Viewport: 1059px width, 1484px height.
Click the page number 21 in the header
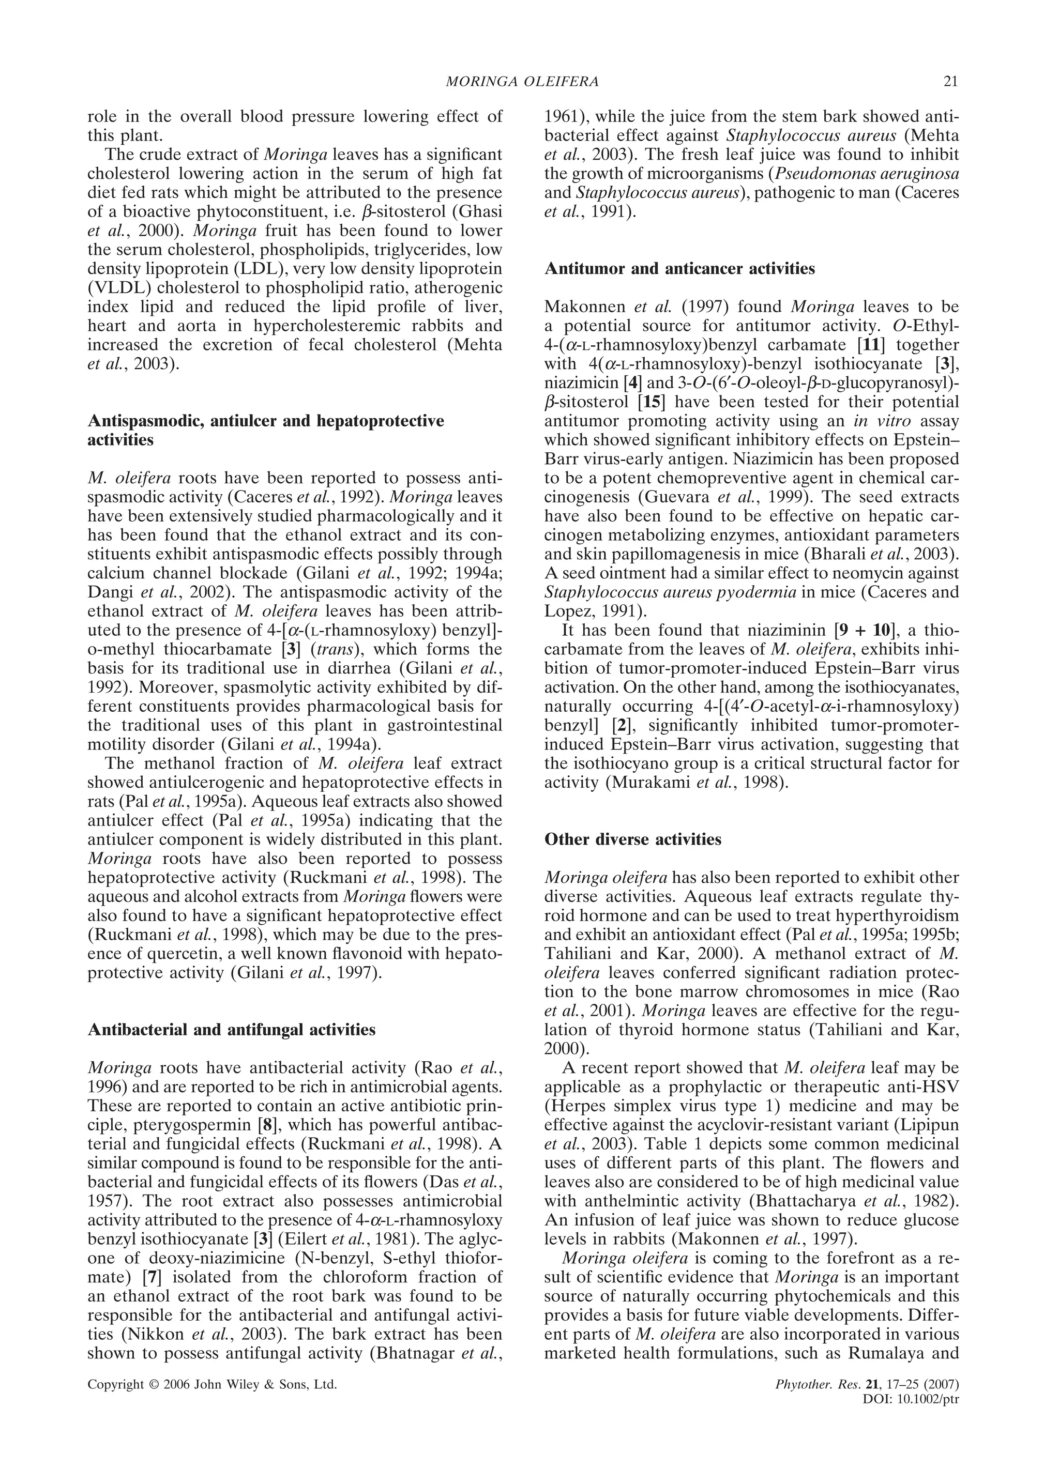pos(951,82)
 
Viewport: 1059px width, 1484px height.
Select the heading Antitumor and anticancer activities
pos(679,268)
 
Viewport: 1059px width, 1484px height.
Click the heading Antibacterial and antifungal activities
pos(232,1030)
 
